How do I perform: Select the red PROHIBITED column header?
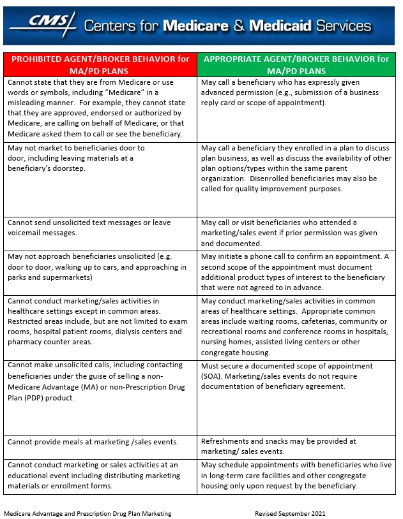tap(100, 64)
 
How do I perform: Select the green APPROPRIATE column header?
tap(296, 64)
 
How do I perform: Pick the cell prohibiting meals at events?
tap(100, 442)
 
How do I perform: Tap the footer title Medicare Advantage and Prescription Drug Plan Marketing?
tap(87, 513)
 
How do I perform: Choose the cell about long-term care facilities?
tap(296, 476)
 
